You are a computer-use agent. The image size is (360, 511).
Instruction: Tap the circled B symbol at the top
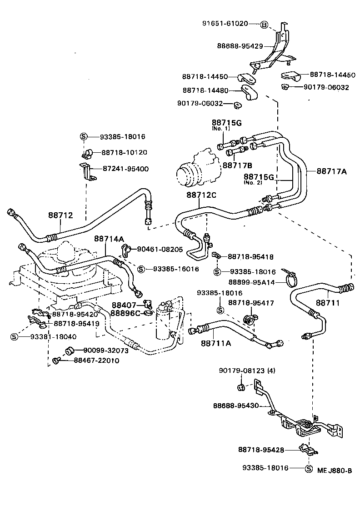264,24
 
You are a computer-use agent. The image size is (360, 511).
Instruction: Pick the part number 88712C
201,195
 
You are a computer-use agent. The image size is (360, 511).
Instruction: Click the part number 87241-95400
125,169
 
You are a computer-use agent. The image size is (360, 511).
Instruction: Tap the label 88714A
109,238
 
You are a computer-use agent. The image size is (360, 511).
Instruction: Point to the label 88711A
215,343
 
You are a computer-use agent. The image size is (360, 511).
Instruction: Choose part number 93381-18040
54,336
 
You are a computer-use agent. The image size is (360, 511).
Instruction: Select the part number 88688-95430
239,405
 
